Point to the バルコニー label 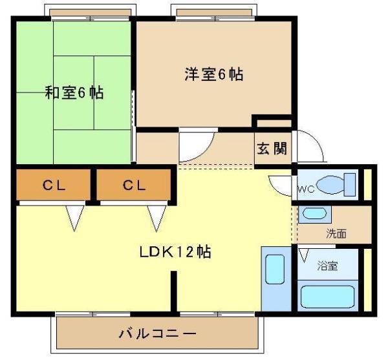pyautogui.click(x=157, y=334)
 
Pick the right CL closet pyautogui.click(x=135, y=186)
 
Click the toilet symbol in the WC pyautogui.click(x=336, y=185)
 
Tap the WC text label pyautogui.click(x=305, y=190)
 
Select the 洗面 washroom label pyautogui.click(x=336, y=233)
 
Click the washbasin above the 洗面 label pyautogui.click(x=315, y=215)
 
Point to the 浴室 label pyautogui.click(x=327, y=265)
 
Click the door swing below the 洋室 pyautogui.click(x=196, y=147)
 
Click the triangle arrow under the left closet pyautogui.click(x=75, y=218)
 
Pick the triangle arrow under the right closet pyautogui.click(x=156, y=218)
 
